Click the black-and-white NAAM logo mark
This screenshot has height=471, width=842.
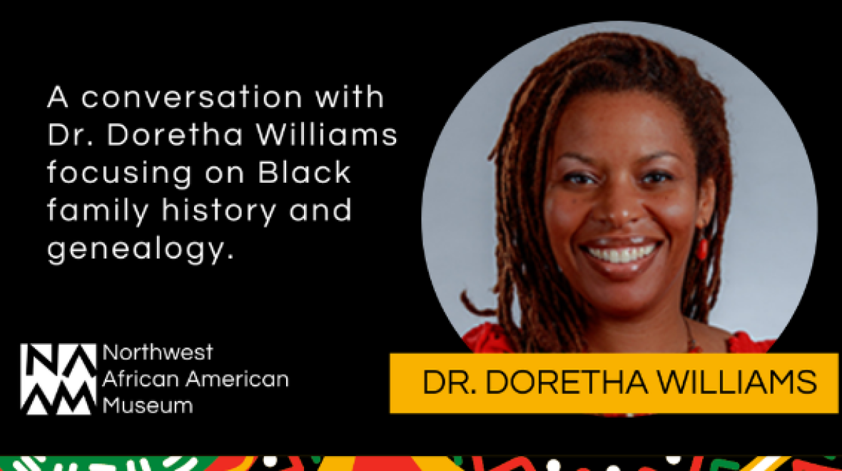pyautogui.click(x=58, y=379)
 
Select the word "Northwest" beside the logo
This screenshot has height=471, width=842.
pyautogui.click(x=158, y=352)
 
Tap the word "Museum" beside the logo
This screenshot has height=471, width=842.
pyautogui.click(x=148, y=405)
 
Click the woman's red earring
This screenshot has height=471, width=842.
pyautogui.click(x=702, y=249)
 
